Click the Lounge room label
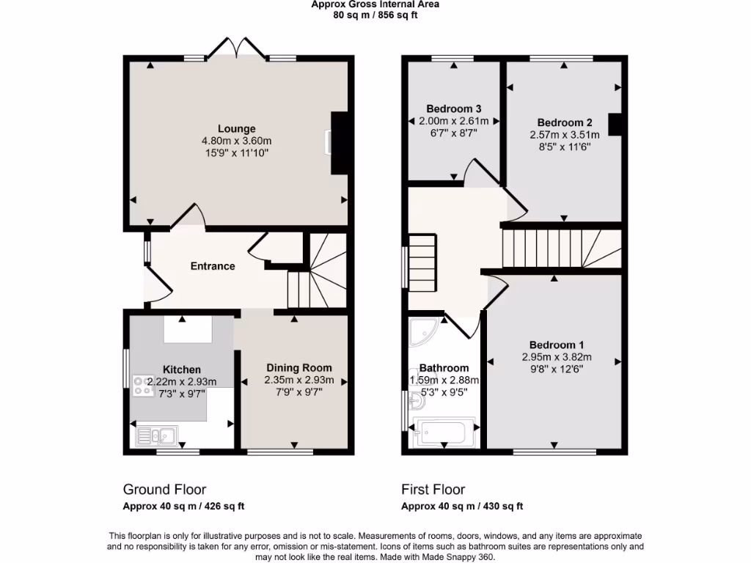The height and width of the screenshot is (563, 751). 236,129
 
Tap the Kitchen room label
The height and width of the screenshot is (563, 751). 181,369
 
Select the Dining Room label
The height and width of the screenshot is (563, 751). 298,368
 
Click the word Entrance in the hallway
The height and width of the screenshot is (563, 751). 213,266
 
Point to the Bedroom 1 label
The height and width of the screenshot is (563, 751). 557,345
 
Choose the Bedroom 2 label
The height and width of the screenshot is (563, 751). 564,122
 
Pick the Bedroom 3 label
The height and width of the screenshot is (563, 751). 453,108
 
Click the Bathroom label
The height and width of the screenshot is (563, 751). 444,368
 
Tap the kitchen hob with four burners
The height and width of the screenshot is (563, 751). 141,386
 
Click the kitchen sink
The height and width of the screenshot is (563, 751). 155,436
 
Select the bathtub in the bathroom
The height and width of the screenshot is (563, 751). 444,433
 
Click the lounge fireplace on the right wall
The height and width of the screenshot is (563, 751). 339,143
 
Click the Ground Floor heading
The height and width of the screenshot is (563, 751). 164,490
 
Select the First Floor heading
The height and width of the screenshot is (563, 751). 433,490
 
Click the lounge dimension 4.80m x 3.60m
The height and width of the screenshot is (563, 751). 236,141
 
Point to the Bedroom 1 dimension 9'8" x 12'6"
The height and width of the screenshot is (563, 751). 557,369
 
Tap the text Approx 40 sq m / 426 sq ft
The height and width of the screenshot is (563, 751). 183,507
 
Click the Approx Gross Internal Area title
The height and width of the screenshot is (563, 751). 375,4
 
